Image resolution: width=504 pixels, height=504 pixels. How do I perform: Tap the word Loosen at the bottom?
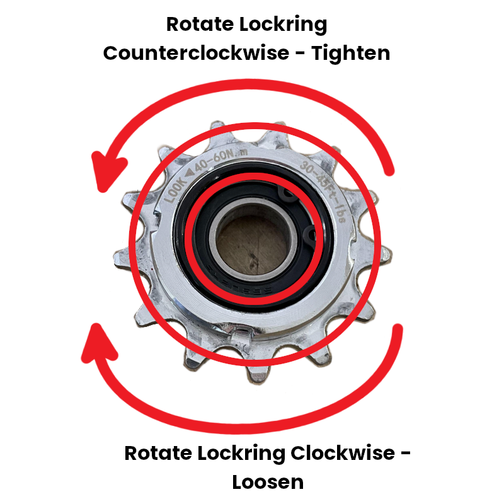click(x=268, y=482)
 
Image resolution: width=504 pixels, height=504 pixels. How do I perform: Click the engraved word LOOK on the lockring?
click(x=176, y=187)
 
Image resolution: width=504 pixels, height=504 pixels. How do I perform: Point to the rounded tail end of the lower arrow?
click(x=397, y=328)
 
